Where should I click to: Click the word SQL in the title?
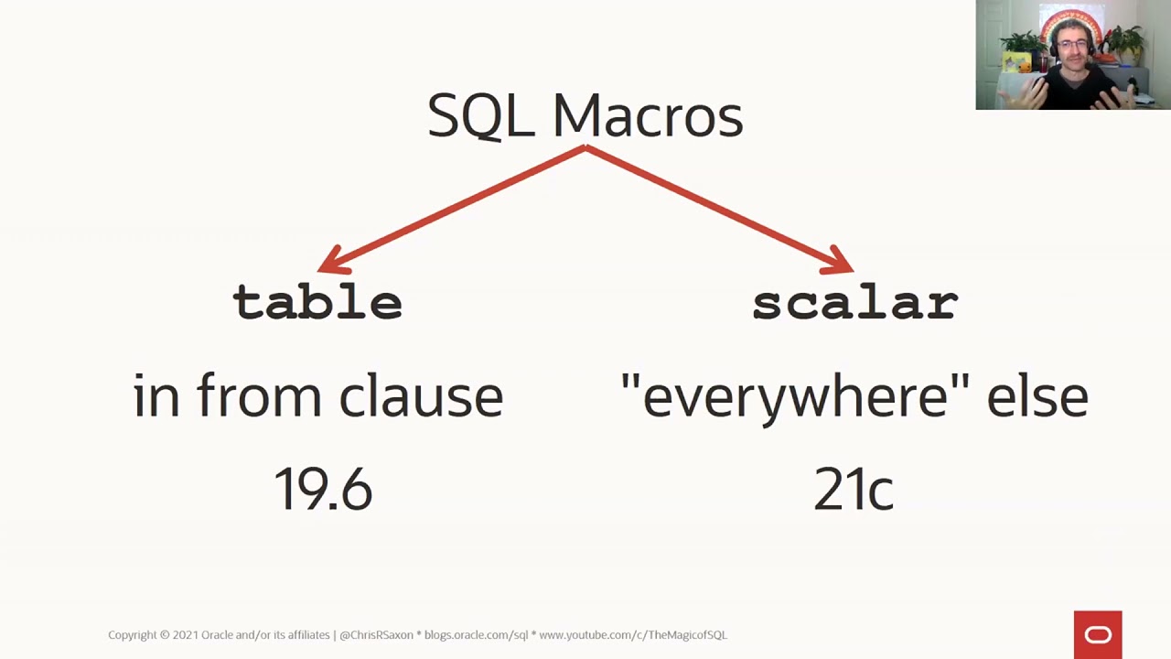[x=480, y=116]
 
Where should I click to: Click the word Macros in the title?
[x=648, y=116]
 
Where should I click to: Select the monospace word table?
[x=317, y=302]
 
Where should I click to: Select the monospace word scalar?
[x=854, y=303]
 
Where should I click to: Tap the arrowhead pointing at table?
[x=330, y=260]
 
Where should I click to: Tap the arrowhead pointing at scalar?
[x=840, y=260]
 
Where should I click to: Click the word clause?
[x=421, y=396]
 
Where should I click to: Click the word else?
[x=1037, y=396]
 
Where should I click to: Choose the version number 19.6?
[x=323, y=489]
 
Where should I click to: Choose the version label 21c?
[x=853, y=490]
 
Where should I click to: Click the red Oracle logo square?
[x=1098, y=634]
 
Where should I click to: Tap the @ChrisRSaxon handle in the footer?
[x=376, y=634]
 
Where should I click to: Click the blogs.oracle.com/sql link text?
[x=476, y=634]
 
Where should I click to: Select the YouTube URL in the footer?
[x=632, y=634]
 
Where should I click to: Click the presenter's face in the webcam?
[x=1071, y=49]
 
